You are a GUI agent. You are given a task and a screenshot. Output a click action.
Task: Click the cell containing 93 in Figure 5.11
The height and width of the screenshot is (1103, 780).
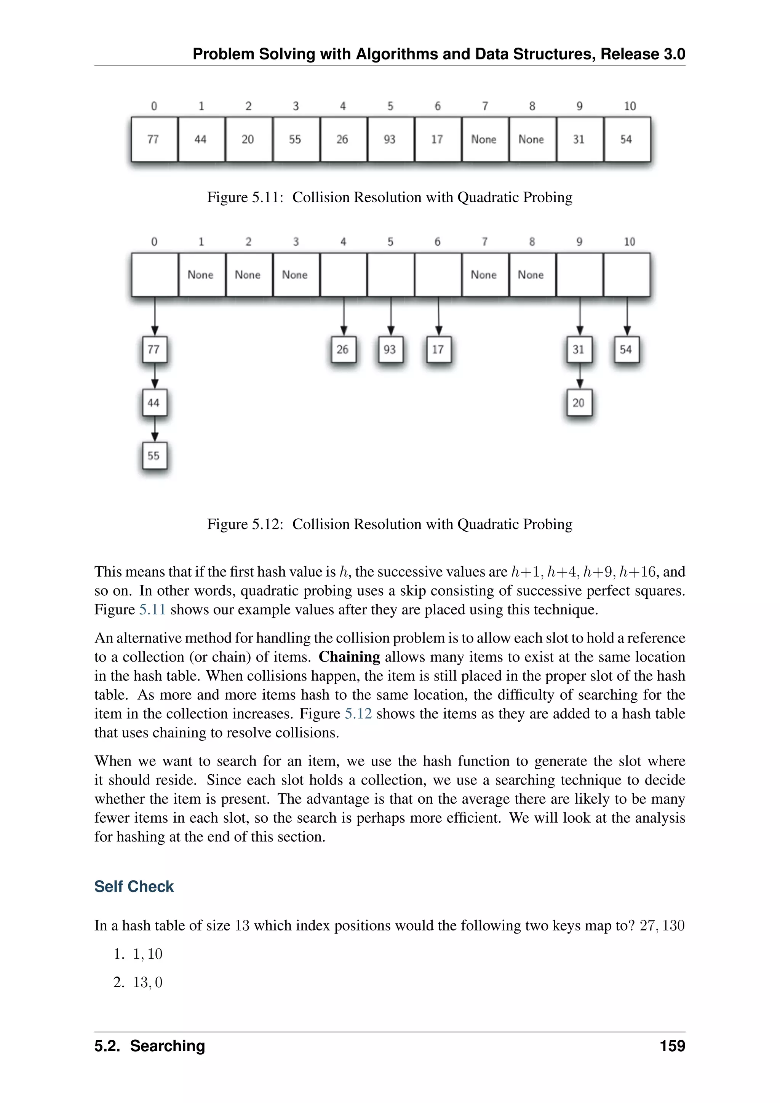[390, 139]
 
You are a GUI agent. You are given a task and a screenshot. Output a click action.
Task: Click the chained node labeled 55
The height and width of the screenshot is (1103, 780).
[154, 456]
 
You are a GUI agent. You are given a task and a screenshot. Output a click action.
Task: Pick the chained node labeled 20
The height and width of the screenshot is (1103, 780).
[579, 403]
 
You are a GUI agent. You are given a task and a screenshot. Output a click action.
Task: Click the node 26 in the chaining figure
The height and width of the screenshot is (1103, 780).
[343, 349]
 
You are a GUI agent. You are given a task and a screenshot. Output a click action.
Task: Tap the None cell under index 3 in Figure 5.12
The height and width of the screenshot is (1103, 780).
[296, 275]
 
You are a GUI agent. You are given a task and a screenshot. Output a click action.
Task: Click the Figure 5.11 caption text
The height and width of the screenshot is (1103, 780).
[390, 197]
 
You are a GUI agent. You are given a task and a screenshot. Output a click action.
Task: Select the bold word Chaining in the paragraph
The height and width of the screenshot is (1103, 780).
[349, 657]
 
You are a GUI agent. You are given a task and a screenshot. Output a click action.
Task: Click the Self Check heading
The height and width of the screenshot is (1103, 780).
[134, 886]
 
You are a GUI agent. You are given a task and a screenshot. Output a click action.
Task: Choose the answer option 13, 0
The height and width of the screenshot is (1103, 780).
[147, 982]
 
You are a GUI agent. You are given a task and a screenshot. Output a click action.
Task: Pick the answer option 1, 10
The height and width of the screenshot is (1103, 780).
[147, 954]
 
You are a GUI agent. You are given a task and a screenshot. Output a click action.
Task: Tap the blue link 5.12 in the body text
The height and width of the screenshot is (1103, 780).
[358, 713]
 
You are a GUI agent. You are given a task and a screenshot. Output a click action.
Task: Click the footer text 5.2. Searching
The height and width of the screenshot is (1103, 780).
[149, 1046]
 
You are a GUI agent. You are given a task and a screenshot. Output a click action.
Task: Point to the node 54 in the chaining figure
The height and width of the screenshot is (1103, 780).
[626, 349]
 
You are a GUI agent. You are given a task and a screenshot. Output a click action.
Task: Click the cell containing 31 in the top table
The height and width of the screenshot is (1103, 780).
[579, 139]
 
